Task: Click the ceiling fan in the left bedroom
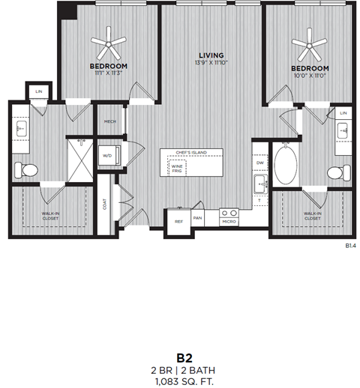tap(109, 45)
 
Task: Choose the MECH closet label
tap(110, 122)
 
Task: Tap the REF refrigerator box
tap(178, 220)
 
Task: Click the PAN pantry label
tap(198, 218)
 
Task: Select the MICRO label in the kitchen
tap(229, 221)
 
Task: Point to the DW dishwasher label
tap(259, 163)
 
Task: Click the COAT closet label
tap(104, 204)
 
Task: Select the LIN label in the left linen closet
tap(37, 93)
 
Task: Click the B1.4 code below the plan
tap(349, 245)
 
